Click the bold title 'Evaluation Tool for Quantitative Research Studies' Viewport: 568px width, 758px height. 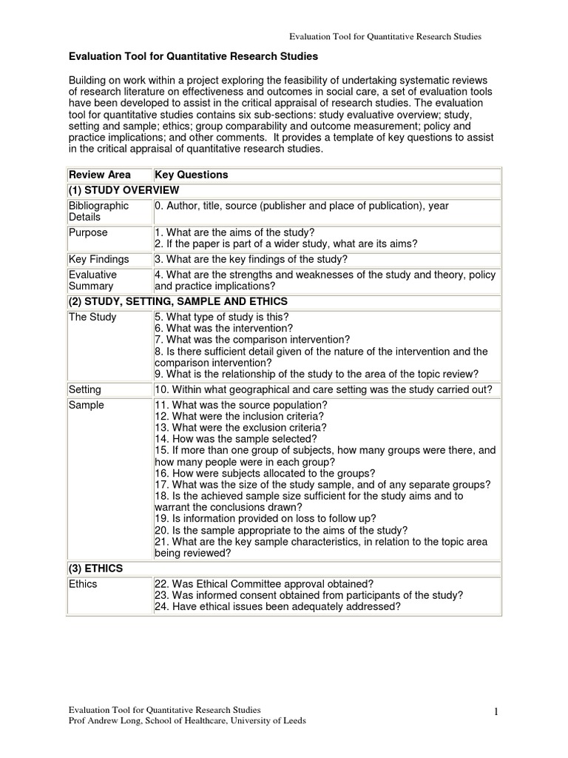pos(193,56)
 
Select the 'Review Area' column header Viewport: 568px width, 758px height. pos(99,175)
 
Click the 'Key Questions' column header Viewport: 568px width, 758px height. pos(191,175)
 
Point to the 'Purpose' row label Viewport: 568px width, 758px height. pos(88,232)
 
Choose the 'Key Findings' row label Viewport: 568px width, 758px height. pos(98,259)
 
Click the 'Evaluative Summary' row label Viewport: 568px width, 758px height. pos(92,280)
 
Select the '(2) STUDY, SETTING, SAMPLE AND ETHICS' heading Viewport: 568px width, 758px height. pos(178,301)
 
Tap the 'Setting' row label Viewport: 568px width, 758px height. pos(85,389)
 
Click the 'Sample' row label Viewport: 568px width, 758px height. pos(87,405)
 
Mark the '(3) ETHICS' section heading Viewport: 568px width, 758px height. pos(96,568)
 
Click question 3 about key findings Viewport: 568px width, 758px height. pos(251,259)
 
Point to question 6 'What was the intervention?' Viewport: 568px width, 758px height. pos(223,328)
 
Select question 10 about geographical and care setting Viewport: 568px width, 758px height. pos(323,389)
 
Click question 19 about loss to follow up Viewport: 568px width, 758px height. pos(265,518)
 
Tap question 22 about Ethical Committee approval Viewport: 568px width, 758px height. pos(264,584)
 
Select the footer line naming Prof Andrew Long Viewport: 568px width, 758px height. pos(186,720)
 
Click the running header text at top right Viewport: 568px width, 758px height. pos(385,36)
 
